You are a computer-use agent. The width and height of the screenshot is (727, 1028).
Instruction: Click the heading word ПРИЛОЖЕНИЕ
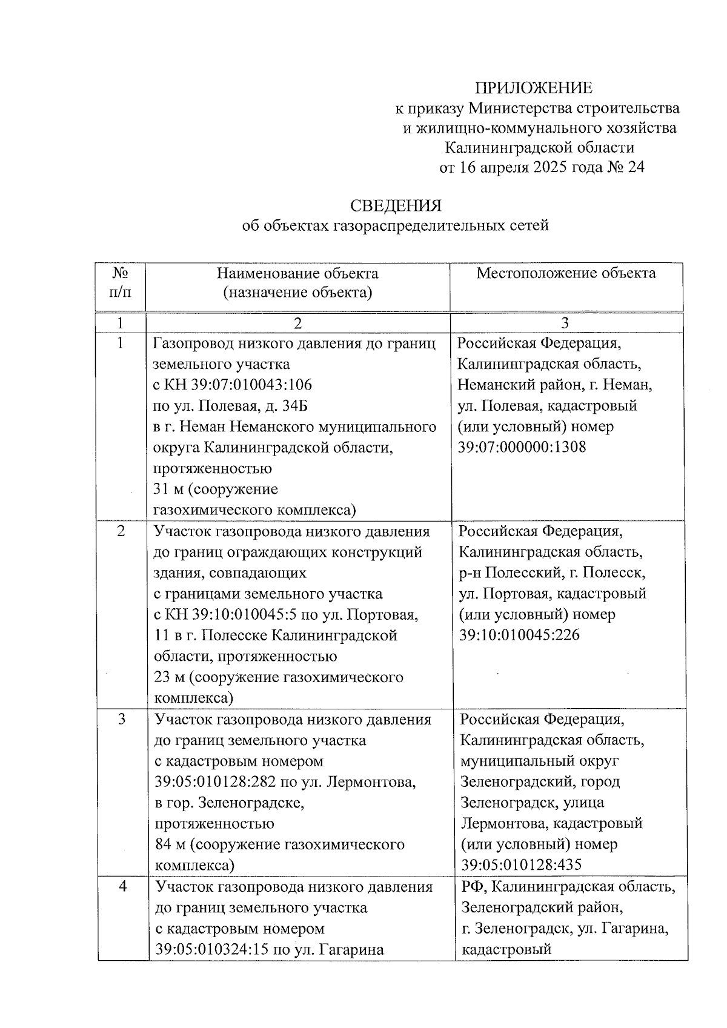pos(533,88)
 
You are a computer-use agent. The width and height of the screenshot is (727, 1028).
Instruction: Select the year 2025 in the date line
pos(553,167)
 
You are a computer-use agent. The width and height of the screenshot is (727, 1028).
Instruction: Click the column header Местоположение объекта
pos(566,273)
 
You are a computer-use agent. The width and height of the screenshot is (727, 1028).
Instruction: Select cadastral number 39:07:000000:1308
pos(522,447)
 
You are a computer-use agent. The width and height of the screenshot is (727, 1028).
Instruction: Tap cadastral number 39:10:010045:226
pos(519,635)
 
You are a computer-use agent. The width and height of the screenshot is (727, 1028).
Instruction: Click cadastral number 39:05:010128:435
pos(520,864)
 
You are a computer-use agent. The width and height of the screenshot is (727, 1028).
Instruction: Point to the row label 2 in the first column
pos(121,531)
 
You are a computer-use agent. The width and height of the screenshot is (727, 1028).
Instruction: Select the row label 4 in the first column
pos(123,886)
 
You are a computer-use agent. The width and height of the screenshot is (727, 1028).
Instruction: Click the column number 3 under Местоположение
pos(565,323)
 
